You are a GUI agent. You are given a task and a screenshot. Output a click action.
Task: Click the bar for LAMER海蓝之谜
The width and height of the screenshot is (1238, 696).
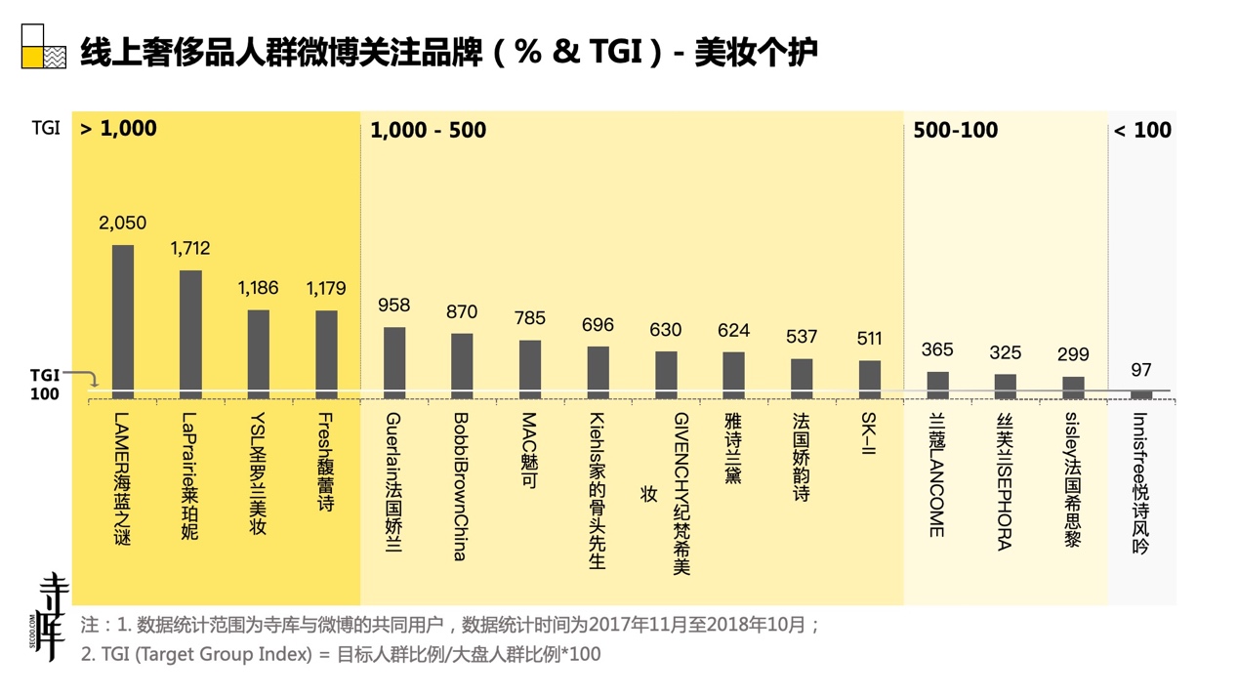point(122,321)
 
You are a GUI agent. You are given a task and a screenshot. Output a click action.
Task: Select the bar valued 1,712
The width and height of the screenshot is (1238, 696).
point(190,334)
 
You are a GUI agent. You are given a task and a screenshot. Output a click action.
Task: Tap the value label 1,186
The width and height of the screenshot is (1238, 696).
point(258,288)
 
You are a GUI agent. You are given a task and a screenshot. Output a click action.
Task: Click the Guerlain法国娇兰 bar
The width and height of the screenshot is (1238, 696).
point(394,362)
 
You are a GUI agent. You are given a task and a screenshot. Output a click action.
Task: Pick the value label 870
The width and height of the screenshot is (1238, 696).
point(462,312)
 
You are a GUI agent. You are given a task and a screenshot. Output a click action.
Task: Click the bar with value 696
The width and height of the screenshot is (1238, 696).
point(598,372)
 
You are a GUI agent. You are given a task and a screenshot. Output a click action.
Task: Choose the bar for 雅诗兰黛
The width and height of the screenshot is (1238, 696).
point(733,375)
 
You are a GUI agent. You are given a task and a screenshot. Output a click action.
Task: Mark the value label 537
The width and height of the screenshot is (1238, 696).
point(802,337)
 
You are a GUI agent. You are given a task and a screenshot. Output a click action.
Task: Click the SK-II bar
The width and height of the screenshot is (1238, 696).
point(869,379)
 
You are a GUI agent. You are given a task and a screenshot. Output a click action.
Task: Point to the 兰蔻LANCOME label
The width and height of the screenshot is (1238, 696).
point(936,474)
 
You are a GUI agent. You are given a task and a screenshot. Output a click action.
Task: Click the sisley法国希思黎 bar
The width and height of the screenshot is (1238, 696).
point(1073,388)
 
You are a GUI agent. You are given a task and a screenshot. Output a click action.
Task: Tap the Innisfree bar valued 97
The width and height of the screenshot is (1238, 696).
point(1140,394)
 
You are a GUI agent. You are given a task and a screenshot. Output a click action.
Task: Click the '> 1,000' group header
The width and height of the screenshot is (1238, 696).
point(118,129)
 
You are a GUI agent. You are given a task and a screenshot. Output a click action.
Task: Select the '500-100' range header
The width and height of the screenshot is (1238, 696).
point(955,131)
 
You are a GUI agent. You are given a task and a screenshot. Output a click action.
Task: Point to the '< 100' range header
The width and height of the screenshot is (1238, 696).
point(1142,131)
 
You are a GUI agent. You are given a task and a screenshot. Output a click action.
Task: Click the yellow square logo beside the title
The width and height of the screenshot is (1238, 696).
point(32,57)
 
